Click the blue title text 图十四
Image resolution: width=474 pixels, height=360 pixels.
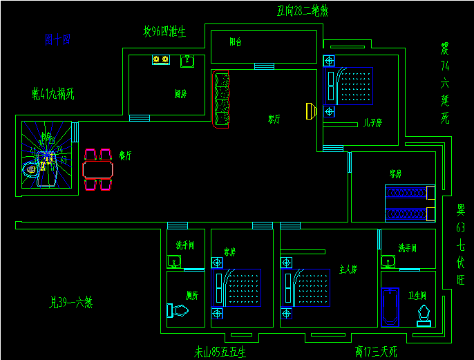[57, 40]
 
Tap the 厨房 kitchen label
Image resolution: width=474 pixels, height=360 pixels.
[181, 94]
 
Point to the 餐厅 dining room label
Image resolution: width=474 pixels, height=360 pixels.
[125, 155]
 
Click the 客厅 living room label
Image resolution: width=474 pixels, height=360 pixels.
[274, 119]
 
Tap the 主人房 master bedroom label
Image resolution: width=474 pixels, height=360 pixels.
[348, 269]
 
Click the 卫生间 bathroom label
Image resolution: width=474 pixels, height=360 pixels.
[417, 296]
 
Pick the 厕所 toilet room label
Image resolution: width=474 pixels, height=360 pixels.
[192, 295]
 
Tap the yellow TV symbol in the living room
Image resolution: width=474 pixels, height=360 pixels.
[310, 111]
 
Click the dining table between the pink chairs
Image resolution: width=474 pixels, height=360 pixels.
[97, 169]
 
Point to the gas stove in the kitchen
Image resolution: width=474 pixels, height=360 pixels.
[161, 61]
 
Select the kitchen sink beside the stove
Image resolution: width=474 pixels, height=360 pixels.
[187, 61]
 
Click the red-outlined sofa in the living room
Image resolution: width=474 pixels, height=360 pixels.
[221, 100]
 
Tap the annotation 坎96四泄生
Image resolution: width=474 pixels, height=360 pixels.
[164, 31]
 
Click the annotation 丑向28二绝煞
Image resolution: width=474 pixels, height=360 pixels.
[302, 10]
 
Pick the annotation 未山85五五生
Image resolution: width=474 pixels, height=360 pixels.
[220, 352]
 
